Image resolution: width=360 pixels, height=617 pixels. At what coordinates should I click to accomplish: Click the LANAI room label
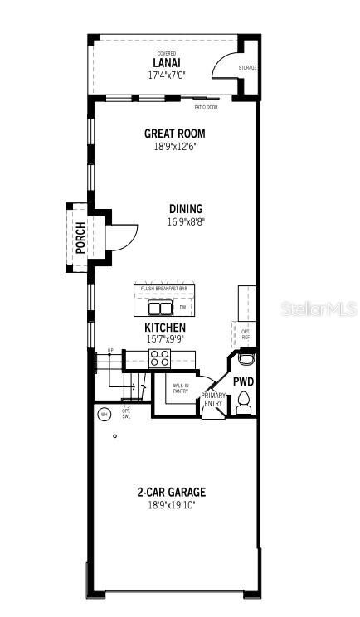pyautogui.click(x=167, y=63)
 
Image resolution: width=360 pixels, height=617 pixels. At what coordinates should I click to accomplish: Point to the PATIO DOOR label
pyautogui.click(x=206, y=107)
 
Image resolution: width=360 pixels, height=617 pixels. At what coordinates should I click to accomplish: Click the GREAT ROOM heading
pyautogui.click(x=174, y=134)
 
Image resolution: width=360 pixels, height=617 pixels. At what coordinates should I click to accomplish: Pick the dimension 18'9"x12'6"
pyautogui.click(x=174, y=146)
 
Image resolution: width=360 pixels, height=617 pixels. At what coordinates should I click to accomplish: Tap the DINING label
pyautogui.click(x=185, y=209)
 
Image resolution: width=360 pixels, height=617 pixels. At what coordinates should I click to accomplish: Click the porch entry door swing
pyautogui.click(x=117, y=237)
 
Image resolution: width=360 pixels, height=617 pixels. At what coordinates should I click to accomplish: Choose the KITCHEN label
pyautogui.click(x=166, y=328)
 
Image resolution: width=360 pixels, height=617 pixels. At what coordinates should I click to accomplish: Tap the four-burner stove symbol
pyautogui.click(x=159, y=358)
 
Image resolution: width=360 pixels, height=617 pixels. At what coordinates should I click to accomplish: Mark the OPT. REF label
pyautogui.click(x=245, y=334)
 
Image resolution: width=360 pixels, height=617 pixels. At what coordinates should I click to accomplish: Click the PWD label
pyautogui.click(x=243, y=381)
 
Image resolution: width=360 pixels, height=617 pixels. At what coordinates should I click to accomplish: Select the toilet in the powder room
pyautogui.click(x=244, y=402)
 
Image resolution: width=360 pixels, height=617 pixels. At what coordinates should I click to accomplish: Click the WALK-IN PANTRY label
pyautogui.click(x=180, y=389)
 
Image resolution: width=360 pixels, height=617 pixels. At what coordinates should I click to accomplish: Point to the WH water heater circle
pyautogui.click(x=105, y=414)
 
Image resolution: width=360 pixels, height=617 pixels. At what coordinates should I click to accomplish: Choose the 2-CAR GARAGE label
pyautogui.click(x=172, y=492)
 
